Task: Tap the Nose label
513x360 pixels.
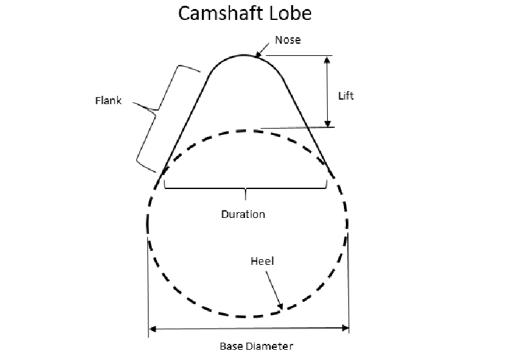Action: pyautogui.click(x=287, y=40)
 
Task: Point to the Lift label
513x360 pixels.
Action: pyautogui.click(x=346, y=96)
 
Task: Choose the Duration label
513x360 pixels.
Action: pyautogui.click(x=243, y=214)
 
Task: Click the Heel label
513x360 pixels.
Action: pyautogui.click(x=260, y=262)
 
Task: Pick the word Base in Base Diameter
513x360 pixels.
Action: pyautogui.click(x=231, y=346)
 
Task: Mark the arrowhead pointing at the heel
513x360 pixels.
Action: pyautogui.click(x=279, y=307)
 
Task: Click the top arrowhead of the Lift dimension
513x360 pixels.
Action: pyautogui.click(x=328, y=59)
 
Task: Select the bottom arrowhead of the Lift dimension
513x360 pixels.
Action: pyautogui.click(x=328, y=123)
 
